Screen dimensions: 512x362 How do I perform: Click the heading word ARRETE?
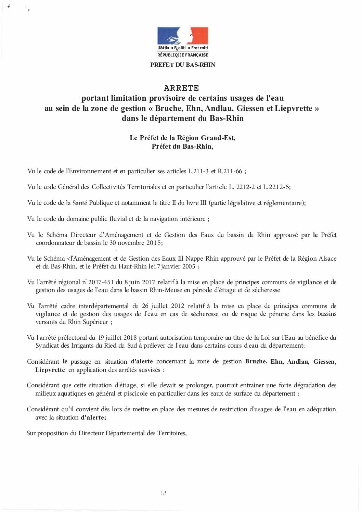pyautogui.click(x=181, y=88)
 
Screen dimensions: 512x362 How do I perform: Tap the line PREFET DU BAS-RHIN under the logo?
pyautogui.click(x=183, y=64)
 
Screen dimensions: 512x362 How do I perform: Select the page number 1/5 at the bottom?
pyautogui.click(x=163, y=494)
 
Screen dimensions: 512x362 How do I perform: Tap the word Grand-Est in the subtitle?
pyautogui.click(x=218, y=138)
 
